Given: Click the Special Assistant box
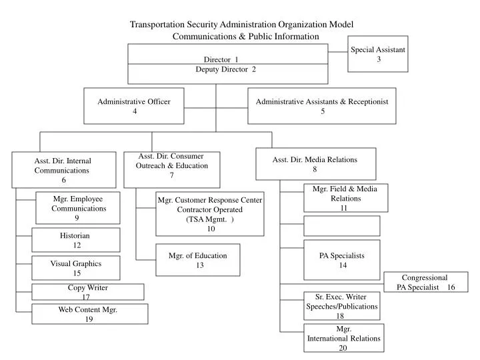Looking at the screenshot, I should point(378,54).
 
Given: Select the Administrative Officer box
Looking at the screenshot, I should point(134,106).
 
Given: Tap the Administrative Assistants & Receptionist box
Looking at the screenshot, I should point(322,106).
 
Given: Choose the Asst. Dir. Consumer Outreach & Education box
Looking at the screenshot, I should point(171,169).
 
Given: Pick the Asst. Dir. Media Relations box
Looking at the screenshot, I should point(315,164).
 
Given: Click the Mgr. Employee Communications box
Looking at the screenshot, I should point(78,207).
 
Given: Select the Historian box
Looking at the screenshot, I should point(76,240).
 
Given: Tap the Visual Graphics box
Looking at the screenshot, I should point(76,267).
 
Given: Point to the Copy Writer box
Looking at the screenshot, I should point(87,292).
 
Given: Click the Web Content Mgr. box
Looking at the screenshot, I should point(89,314).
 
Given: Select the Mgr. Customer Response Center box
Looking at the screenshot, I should point(210,214).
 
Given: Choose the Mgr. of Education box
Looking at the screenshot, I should point(197,259).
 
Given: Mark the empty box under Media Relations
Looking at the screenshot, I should point(342,226).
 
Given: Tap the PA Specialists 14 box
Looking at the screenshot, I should point(342,260).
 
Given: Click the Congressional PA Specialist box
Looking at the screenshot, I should point(426,282).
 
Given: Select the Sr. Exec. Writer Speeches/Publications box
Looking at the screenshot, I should point(341,306).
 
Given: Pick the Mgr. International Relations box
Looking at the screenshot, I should point(344,338).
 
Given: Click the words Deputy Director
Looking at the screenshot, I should point(225,69).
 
